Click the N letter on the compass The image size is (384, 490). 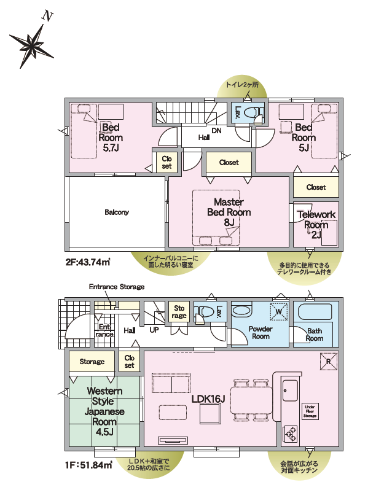pos(48,16)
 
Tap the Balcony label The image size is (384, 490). pos(117,212)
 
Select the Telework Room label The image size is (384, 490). pos(316,224)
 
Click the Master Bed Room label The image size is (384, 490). pos(229,212)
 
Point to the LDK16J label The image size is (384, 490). pos(208,399)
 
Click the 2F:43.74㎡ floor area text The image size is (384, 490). pos(88,262)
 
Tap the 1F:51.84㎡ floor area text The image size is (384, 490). pos(89,465)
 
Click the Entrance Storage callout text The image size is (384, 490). pos(117,287)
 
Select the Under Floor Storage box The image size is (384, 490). pos(310,411)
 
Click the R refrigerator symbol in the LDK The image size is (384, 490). pos(329,362)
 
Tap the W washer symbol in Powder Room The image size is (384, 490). pos(279,311)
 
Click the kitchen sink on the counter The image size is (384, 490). pos(290,391)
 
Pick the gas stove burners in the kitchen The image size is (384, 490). pos(290,434)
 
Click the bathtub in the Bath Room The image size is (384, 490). pos(315,311)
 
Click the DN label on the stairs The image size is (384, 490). pos(216,131)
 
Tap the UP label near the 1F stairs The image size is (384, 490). pos(154,330)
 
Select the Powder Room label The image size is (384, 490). pos(261,333)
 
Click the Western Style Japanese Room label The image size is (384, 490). pos(104,411)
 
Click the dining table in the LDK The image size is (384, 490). pos(251,401)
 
